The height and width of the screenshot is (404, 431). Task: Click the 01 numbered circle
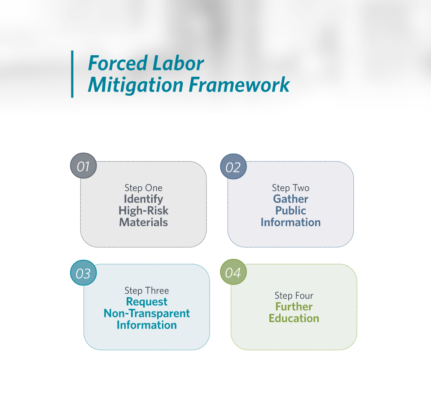pos(84,166)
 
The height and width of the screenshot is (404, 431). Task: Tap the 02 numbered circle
pos(233,167)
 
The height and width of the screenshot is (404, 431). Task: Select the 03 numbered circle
pos(84,272)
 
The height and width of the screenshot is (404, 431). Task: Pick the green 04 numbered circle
pos(233,272)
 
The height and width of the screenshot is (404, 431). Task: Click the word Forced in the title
pos(118,63)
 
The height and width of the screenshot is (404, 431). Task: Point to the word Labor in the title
pos(178,63)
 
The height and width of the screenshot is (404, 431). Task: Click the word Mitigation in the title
pos(136,85)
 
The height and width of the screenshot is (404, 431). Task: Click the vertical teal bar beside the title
pos(72,74)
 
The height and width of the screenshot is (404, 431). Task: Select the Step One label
pos(144,188)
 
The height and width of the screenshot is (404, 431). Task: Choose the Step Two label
pos(291,188)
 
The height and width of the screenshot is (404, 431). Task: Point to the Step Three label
pos(147,291)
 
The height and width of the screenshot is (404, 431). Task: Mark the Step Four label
pos(294,296)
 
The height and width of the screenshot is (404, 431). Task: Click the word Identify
pos(144,199)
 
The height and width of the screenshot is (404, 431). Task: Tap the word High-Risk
pos(144,211)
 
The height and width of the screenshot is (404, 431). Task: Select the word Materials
pos(144,222)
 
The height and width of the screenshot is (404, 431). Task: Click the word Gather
pos(291,199)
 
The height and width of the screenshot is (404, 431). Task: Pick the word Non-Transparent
pos(147,313)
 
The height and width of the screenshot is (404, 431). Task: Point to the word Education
pos(294,318)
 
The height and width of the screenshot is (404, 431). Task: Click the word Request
pos(147,302)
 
